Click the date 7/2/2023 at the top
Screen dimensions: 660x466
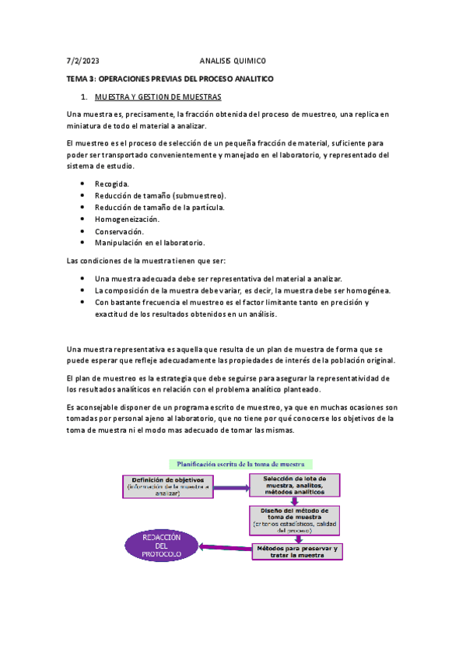[82, 61]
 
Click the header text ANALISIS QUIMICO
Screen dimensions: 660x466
[233, 61]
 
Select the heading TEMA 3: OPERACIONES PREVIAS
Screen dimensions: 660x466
[170, 79]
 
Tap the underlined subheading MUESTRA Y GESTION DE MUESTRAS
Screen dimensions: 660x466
[158, 97]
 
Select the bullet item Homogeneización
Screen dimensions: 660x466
[127, 219]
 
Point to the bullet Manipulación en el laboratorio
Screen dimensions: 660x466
[149, 243]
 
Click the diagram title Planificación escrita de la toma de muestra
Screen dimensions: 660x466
[233, 463]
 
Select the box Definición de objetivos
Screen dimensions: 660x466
[168, 486]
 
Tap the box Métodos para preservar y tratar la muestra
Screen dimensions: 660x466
[296, 551]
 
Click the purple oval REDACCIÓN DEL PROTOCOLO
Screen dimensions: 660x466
[162, 545]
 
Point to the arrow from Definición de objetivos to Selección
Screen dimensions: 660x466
[231, 487]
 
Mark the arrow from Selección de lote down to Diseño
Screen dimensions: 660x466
[295, 502]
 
